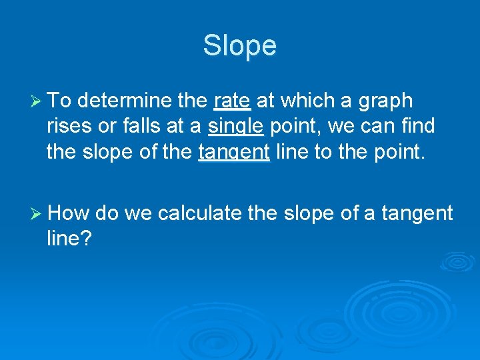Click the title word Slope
coord(239,46)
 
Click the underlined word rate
coord(232,101)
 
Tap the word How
coord(69,213)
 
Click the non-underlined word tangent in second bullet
coord(417,213)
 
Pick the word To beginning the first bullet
coord(60,101)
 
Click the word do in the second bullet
coord(107,213)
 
